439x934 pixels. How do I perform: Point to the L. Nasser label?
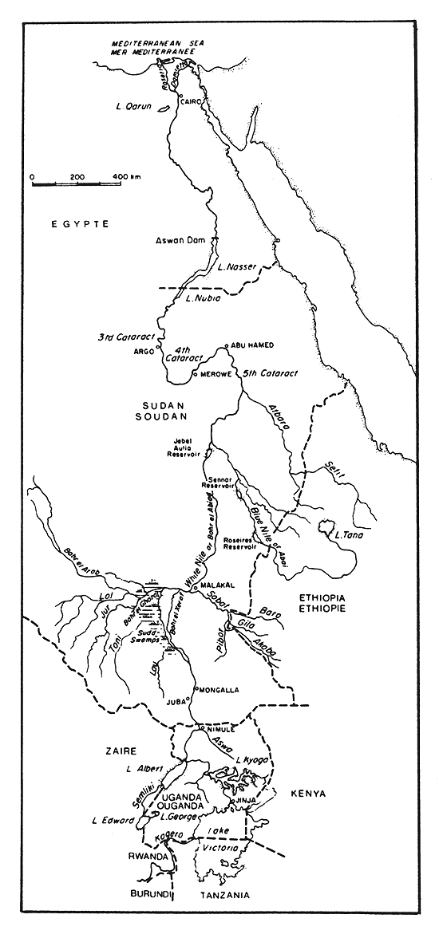point(237,268)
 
